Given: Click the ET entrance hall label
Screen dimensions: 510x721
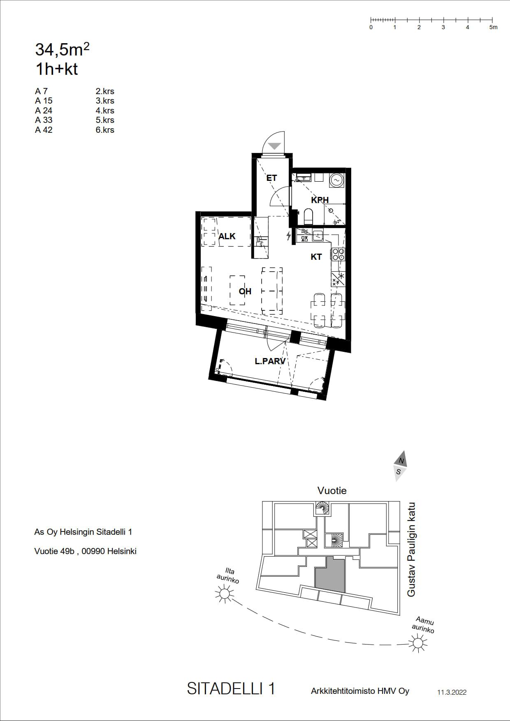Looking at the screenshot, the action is point(271,178).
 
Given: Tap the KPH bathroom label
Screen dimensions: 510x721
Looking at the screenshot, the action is point(320,200).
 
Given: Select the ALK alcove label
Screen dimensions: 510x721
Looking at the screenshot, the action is point(227,236).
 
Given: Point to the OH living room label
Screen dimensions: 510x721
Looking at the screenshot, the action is point(245,291).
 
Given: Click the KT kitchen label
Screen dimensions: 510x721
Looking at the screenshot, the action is point(316,257).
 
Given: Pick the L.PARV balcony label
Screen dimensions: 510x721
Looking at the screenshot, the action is point(270,361).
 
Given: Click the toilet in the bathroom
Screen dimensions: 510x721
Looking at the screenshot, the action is point(308,216).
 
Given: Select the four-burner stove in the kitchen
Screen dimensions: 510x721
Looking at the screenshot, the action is point(338,254).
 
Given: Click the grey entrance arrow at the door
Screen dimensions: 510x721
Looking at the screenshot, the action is point(274,146).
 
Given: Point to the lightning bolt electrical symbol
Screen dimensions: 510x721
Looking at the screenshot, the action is point(289,236).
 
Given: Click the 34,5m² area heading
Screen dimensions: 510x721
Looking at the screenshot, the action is point(63,49).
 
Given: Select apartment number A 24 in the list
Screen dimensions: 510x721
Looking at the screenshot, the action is point(44,111).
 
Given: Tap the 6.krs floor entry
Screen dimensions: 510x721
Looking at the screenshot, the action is point(105,130).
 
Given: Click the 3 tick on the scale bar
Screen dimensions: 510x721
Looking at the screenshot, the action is point(443,19).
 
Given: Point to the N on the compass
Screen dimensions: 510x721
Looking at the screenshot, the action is point(401,461).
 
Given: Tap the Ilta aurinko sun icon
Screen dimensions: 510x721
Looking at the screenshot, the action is point(225,594).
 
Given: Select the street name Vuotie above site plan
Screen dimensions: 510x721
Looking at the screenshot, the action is point(332,490).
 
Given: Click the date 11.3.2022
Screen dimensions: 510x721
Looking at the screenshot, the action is point(452,692).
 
